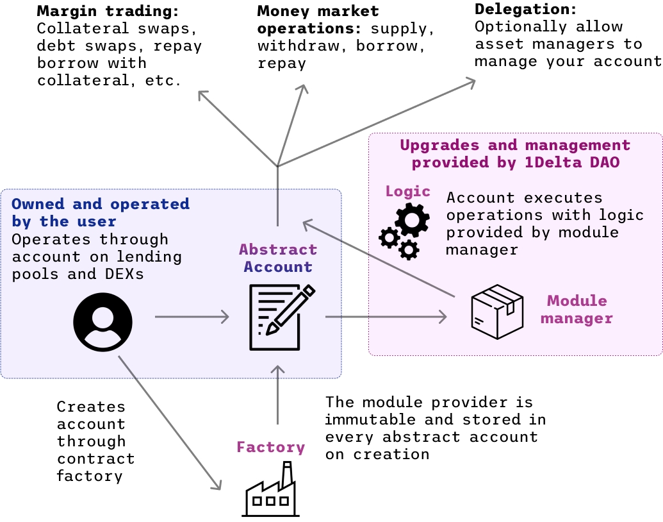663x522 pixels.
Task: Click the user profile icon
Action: [102, 321]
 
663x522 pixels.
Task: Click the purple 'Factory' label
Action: [270, 447]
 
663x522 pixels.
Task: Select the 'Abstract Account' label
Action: [278, 258]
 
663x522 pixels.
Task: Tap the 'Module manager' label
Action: [577, 310]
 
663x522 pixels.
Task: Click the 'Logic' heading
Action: [407, 191]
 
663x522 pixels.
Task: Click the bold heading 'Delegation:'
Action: [526, 10]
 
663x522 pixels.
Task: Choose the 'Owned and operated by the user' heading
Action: [101, 213]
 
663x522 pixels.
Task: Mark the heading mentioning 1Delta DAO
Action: [515, 154]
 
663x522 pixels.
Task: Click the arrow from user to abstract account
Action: [192, 316]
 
